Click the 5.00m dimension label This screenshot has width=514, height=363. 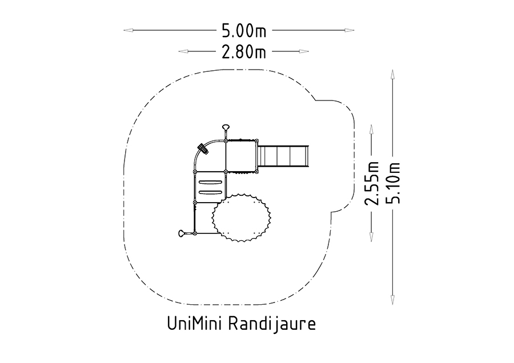244,31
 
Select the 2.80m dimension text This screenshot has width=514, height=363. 244,52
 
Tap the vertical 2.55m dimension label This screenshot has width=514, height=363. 372,183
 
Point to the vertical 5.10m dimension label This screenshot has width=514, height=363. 393,183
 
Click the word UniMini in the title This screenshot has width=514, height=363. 195,324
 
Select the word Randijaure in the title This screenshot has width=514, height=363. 272,324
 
